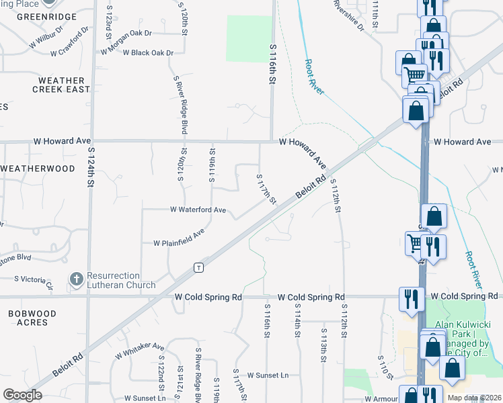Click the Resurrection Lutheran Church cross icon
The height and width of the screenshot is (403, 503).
[x=77, y=279]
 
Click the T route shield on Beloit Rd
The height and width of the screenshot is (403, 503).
[x=198, y=267]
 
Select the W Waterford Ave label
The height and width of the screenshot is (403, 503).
[x=198, y=210]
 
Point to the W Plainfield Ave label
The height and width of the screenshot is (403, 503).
[x=179, y=238]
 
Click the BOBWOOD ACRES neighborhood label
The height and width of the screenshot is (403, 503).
[x=28, y=318]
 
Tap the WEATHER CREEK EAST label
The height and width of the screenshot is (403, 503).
[x=61, y=85]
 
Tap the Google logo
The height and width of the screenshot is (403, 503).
[x=22, y=395]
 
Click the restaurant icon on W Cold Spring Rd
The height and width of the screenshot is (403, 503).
[x=411, y=298]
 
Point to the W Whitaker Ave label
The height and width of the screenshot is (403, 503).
[x=139, y=350]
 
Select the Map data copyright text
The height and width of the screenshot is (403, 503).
[x=473, y=398]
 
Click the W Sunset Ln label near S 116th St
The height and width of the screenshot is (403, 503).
[x=268, y=375]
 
